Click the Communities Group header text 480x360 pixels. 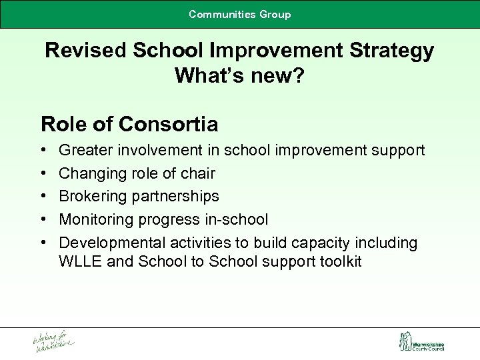coord(239,14)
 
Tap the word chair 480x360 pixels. coord(198,173)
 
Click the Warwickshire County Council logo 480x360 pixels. coord(421,342)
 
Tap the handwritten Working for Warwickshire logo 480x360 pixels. coord(53,342)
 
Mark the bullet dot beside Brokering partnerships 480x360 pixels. coord(43,197)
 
